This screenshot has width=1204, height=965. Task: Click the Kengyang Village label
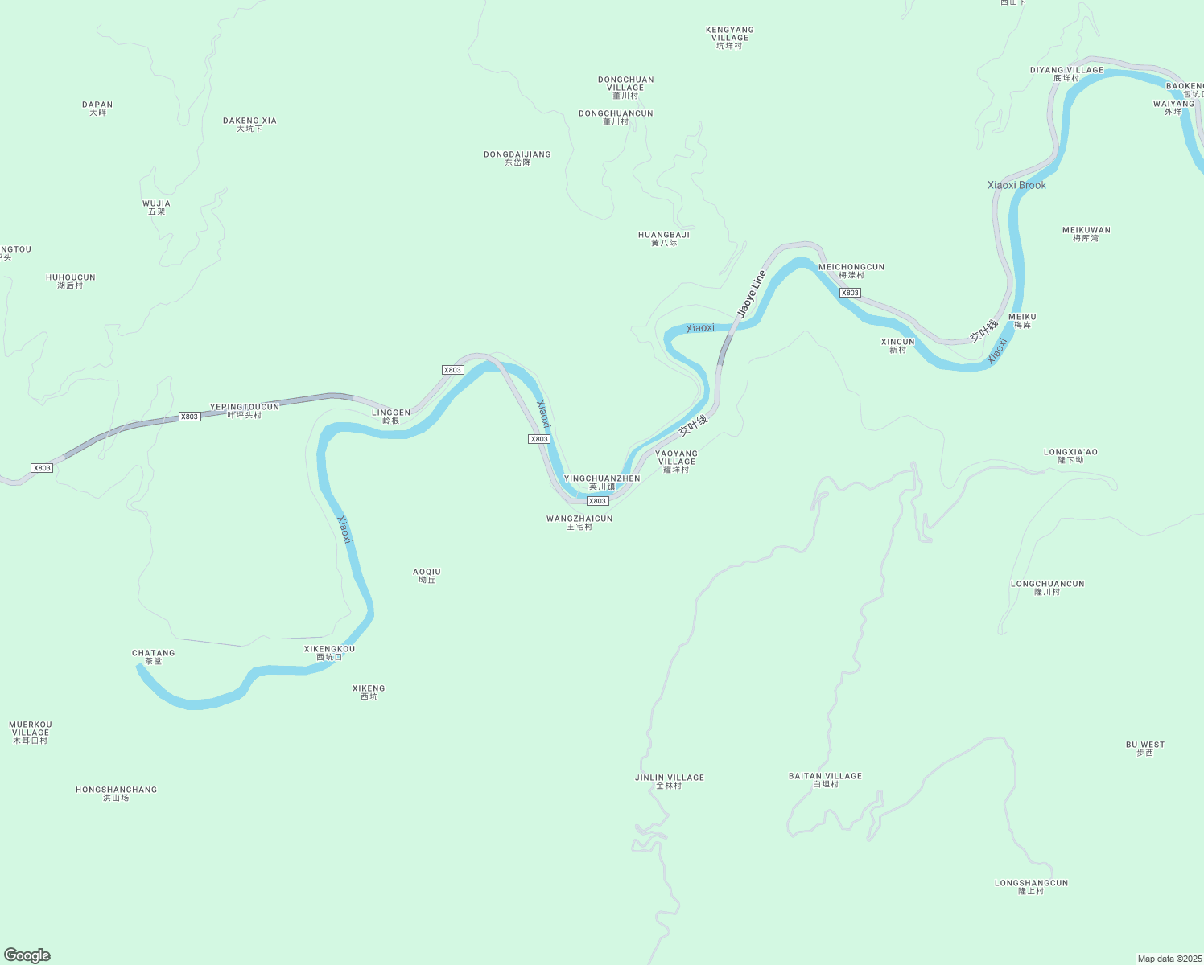729,37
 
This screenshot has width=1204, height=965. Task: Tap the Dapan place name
97,109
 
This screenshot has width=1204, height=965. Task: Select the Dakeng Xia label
249,125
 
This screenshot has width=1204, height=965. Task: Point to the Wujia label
156,207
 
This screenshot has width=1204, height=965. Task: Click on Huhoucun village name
70,281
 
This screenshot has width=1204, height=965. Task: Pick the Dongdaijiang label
517,158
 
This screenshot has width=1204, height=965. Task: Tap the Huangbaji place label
664,238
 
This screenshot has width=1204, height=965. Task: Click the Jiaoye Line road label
752,294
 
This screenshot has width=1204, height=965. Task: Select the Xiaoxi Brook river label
1016,185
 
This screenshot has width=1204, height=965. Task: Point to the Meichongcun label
851,270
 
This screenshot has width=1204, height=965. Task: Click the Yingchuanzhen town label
602,482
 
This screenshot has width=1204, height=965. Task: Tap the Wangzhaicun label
579,523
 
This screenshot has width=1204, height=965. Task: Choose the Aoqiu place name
427,576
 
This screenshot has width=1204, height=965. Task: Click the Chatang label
153,657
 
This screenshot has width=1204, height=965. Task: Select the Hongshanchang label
116,794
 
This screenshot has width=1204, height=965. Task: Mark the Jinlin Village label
669,781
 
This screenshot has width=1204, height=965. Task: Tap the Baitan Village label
825,779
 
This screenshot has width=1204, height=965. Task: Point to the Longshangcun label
1031,886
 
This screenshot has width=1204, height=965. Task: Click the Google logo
27,955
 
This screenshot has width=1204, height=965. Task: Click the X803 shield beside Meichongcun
850,293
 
